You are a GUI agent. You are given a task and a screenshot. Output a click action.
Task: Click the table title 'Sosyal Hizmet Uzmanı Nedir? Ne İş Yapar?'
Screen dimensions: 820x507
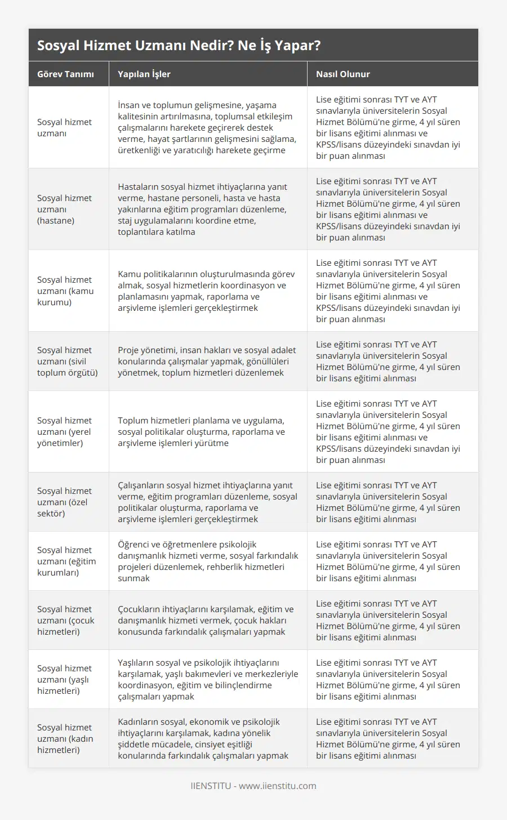(179, 46)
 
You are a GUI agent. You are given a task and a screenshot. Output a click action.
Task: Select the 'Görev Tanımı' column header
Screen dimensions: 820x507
(65, 74)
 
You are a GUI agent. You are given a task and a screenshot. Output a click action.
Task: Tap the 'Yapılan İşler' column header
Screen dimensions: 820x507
(144, 74)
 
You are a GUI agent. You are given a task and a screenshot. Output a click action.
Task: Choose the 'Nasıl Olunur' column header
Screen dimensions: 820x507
(343, 74)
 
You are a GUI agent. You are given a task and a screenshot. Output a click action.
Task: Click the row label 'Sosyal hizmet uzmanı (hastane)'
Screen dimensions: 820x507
(64, 209)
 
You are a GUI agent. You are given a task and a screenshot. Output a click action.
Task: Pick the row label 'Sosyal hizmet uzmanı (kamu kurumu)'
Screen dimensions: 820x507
(65, 291)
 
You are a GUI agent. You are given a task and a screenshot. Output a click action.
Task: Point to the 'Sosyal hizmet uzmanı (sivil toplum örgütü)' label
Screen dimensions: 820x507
(67, 361)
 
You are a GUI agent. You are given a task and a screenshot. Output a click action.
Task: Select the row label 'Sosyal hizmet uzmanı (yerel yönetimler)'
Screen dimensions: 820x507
(64, 431)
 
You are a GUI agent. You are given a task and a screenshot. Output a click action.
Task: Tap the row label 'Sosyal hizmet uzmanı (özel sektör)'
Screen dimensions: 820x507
(64, 502)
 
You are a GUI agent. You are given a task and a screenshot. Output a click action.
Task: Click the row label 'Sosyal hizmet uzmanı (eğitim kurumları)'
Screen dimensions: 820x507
(66, 561)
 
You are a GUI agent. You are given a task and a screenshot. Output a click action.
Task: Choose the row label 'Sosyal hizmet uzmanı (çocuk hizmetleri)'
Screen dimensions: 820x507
(66, 620)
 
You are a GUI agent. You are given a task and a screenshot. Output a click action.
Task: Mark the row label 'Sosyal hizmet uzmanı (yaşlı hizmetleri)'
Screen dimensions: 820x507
(64, 679)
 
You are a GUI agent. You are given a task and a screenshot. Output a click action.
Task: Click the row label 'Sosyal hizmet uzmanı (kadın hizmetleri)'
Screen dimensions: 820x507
(65, 738)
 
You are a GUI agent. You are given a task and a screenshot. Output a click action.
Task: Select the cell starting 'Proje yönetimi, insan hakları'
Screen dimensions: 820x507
(207, 361)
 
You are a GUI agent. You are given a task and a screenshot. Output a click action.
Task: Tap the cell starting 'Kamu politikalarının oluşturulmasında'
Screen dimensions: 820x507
(206, 291)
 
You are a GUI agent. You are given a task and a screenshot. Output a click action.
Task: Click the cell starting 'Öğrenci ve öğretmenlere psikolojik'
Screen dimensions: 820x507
(208, 561)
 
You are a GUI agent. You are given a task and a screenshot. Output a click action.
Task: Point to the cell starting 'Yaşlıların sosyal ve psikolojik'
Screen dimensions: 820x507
(208, 679)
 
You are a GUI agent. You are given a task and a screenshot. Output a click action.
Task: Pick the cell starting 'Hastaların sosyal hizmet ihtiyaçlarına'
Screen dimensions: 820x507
(202, 209)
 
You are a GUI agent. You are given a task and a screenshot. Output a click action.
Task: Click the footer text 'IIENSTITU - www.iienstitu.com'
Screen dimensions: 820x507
(253, 786)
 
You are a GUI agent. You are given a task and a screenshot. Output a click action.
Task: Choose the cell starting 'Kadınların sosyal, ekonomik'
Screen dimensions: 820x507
(203, 738)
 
